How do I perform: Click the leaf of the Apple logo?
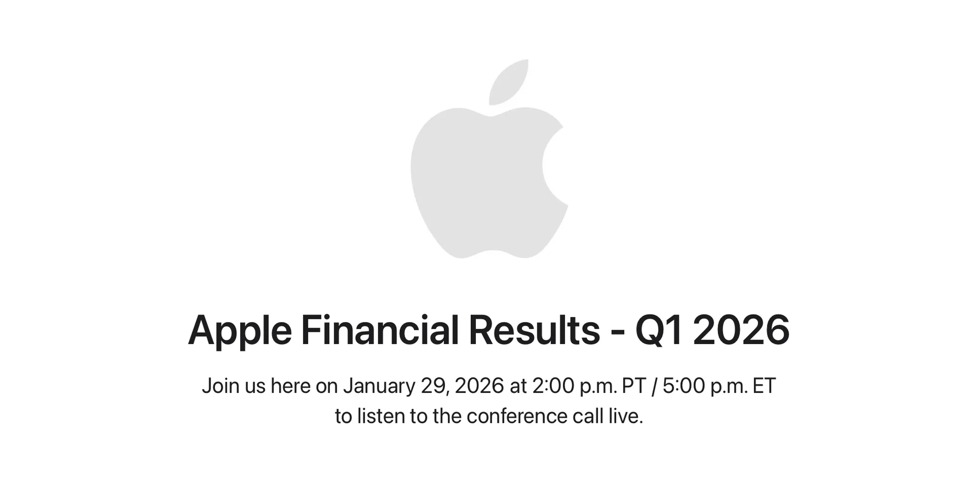pyautogui.click(x=509, y=82)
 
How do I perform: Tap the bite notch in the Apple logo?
pyautogui.click(x=556, y=164)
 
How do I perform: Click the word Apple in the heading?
pyautogui.click(x=239, y=331)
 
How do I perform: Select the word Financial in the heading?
pyautogui.click(x=379, y=330)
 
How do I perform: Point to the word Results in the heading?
pyautogui.click(x=534, y=330)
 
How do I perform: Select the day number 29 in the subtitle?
pyautogui.click(x=433, y=386)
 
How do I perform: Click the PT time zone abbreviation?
pyautogui.click(x=634, y=386)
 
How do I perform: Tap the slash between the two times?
pyautogui.click(x=654, y=386)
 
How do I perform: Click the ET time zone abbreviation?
pyautogui.click(x=764, y=386)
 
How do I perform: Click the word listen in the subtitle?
pyautogui.click(x=381, y=416)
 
